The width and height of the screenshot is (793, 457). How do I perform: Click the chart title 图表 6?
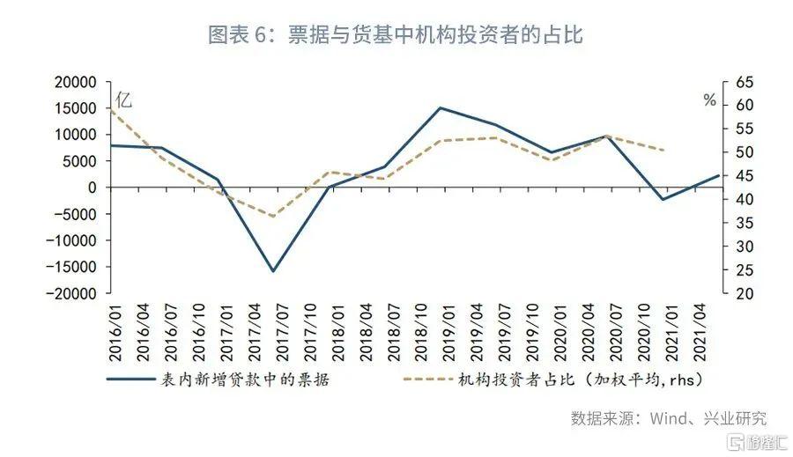point(396,35)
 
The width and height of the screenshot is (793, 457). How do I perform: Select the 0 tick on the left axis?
point(92,188)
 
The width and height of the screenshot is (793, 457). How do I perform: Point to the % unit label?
point(708,100)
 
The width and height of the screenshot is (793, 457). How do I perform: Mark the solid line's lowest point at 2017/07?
point(273,270)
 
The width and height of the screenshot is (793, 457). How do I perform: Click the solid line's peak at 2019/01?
point(440,108)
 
